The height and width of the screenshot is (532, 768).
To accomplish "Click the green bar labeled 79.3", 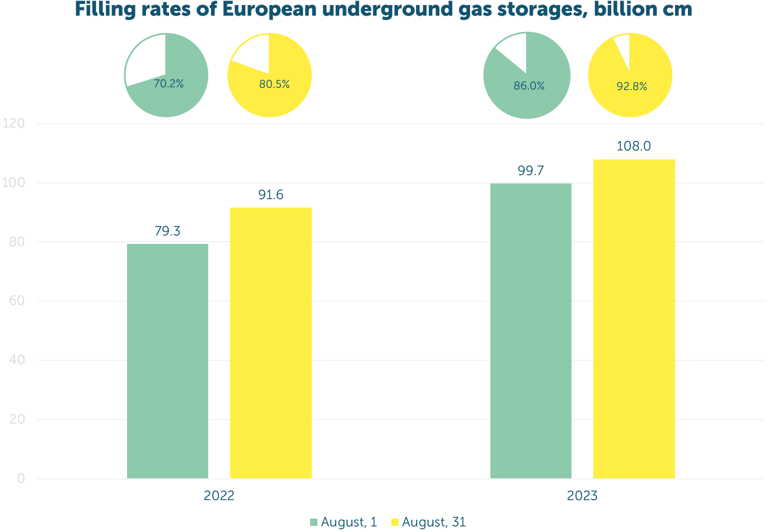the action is click(168, 361).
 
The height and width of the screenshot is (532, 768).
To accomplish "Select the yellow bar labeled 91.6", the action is click(271, 343).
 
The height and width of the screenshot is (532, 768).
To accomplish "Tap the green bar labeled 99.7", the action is click(531, 331).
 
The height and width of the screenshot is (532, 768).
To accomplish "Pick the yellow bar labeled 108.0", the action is click(634, 319).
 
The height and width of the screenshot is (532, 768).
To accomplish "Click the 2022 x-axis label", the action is click(219, 496).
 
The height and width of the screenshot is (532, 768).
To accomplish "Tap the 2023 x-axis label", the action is click(582, 496).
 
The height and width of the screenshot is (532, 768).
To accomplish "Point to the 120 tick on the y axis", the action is click(13, 123).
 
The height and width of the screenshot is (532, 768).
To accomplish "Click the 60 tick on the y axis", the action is click(17, 301).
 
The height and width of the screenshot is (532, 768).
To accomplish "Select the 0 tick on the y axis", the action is click(21, 478).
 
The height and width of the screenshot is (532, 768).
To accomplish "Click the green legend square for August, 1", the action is click(313, 522).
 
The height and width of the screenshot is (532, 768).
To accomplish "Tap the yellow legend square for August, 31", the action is click(395, 522).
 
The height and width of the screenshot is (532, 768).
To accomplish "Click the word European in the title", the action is click(269, 10).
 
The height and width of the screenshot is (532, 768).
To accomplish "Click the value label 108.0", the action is click(634, 146).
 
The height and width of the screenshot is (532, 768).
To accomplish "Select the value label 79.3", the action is click(167, 231).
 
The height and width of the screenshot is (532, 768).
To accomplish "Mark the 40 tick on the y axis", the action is click(17, 360).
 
